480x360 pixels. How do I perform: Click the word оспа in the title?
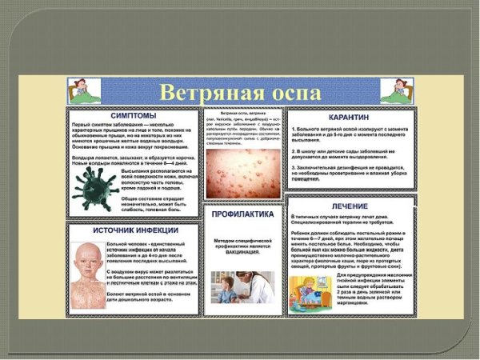click(285, 91)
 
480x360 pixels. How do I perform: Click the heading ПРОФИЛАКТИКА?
click(243, 215)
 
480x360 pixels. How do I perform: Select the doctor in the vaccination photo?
click(256, 283)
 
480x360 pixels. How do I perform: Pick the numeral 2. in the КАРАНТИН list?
click(292, 149)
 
